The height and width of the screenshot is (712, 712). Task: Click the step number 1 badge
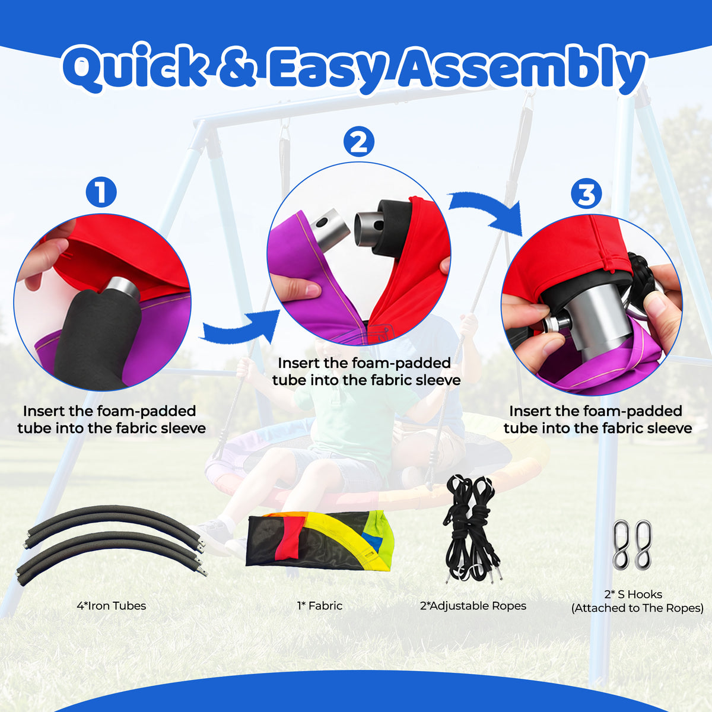click(101, 192)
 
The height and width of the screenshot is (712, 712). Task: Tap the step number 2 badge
click(358, 142)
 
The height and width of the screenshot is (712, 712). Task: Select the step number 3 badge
click(586, 195)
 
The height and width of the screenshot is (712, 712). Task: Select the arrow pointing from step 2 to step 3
click(486, 212)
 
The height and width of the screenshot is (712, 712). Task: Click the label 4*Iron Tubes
click(111, 606)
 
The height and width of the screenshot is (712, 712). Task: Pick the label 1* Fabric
click(320, 606)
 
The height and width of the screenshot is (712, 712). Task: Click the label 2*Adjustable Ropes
click(473, 606)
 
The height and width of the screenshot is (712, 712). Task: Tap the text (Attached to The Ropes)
click(637, 618)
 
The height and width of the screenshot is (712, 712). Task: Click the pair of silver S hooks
click(632, 545)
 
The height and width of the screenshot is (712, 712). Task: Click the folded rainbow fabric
click(320, 540)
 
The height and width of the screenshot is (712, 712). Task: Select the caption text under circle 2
click(366, 371)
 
